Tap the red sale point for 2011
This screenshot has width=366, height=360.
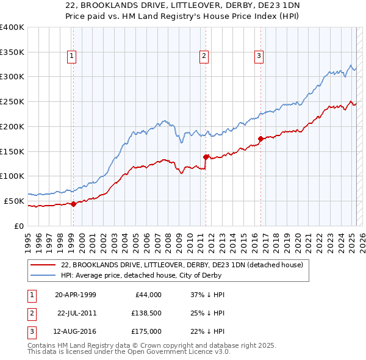(x=206, y=157)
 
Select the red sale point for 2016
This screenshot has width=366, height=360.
(x=260, y=139)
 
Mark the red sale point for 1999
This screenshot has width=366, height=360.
(x=73, y=204)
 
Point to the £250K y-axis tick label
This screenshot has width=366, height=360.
(x=12, y=101)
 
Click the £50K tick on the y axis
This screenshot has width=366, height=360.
(x=14, y=201)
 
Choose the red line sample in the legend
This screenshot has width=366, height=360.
(x=43, y=265)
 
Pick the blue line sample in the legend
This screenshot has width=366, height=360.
(x=43, y=275)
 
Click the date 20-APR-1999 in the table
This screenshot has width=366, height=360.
(x=75, y=295)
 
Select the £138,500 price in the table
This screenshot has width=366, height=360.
(x=146, y=313)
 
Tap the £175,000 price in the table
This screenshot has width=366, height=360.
(x=146, y=331)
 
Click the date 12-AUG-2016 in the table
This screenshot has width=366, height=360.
(x=75, y=331)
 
